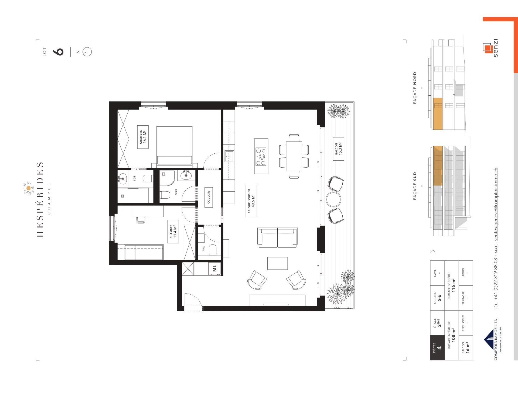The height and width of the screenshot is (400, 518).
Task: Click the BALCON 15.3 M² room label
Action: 338,149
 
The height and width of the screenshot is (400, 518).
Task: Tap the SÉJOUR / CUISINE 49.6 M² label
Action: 251,201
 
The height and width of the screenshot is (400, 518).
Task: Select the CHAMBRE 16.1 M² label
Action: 143,137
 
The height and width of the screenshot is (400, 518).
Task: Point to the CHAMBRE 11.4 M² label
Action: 173,232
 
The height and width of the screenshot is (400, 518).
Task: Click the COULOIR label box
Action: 209,197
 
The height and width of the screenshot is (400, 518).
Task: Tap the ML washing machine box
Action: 215,268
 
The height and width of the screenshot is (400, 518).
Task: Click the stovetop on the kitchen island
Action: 261,156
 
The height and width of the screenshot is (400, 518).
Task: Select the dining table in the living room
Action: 294,156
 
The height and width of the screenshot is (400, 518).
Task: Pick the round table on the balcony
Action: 333,199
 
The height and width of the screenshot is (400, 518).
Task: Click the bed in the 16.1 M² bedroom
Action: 174,146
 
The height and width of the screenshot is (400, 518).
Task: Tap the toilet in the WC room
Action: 213,250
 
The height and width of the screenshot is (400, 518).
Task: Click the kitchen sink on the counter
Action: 229,156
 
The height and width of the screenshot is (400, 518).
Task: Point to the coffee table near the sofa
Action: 277,263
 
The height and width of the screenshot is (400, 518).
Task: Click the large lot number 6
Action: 59,52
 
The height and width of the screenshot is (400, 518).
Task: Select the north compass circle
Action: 87,51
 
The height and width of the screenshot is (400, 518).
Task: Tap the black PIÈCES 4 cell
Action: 437,348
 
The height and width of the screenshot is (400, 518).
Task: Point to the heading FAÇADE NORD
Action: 415,88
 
